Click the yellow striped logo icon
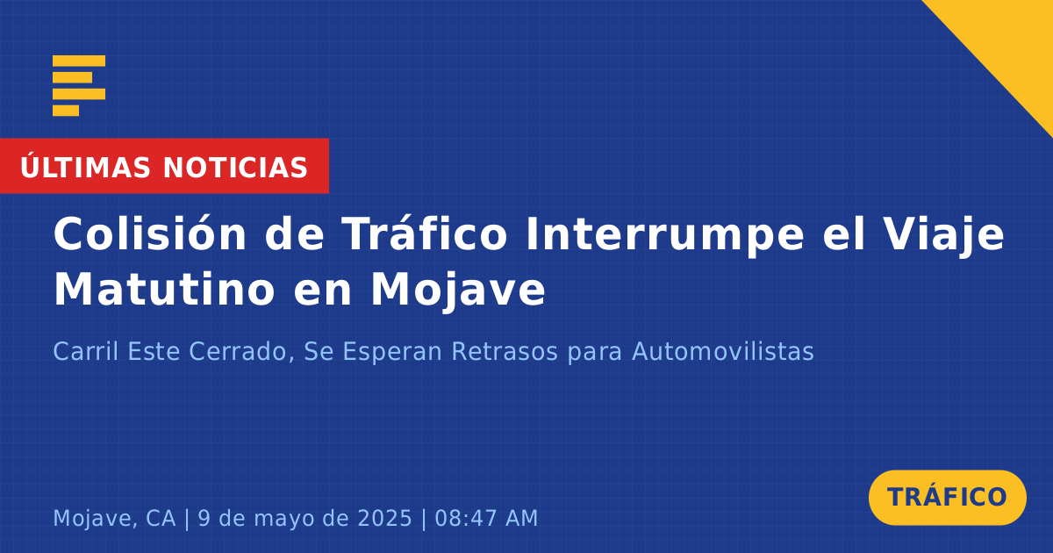point(79,86)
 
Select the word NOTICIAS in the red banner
point(235,168)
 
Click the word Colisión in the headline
point(149,233)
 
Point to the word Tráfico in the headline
point(424,233)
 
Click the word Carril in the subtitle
point(85,351)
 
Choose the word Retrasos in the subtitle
point(505,351)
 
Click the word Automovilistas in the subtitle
point(722,351)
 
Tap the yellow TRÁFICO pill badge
point(947,498)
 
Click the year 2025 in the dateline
point(384,518)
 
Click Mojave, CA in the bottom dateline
point(114,519)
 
